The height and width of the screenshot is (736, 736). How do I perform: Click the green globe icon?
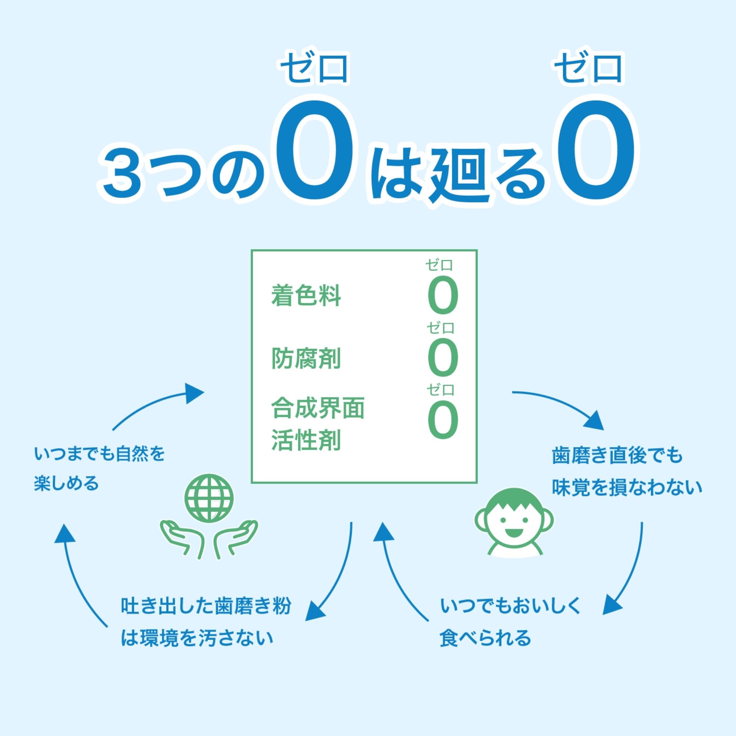[208, 499]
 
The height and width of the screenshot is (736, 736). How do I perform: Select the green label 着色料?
[305, 296]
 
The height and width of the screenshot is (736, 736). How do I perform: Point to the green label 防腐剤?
[305, 358]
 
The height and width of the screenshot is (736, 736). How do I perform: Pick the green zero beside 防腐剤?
[442, 360]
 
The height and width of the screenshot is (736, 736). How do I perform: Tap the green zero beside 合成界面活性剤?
[442, 421]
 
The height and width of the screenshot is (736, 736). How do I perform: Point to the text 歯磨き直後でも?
[617, 456]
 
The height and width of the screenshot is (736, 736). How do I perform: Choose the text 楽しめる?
[66, 484]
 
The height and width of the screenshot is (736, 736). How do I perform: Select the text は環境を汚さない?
[197, 638]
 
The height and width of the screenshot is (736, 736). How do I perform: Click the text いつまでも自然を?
[99, 454]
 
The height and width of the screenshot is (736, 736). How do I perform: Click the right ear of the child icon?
[548, 520]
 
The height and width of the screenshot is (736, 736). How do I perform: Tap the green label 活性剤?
[305, 441]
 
